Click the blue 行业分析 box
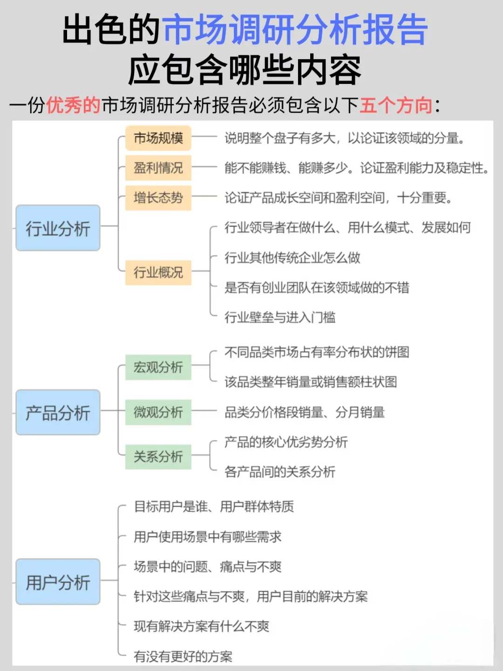pos(58,228)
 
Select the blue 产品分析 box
pos(58,413)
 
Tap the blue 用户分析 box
pos(58,582)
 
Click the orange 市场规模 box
pos(158,138)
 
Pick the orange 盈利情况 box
pos(158,168)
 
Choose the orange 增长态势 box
pos(158,198)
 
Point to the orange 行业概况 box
pos(158,272)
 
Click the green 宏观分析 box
pos(158,367)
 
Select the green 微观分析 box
pos(158,412)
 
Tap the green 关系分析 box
pos(158,457)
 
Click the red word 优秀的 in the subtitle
pos(74,105)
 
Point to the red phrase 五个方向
pos(396,105)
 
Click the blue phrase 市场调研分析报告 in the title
pos(295,30)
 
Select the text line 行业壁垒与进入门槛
pos(280,318)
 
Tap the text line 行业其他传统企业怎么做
pos(292,258)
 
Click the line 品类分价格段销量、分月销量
pos(305,412)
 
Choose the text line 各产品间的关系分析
pos(280,472)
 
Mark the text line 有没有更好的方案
pos(183,657)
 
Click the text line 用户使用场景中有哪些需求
pos(208,537)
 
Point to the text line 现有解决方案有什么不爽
pos(202,626)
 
